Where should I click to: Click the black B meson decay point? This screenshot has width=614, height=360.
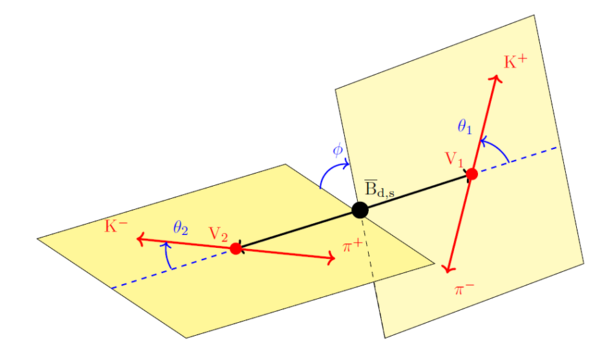click(x=360, y=209)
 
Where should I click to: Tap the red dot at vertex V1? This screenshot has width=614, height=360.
click(x=472, y=174)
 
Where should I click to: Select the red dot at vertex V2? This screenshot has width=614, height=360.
click(x=235, y=248)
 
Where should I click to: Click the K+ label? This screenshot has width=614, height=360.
click(x=515, y=62)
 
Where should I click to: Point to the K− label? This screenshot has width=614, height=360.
click(x=116, y=226)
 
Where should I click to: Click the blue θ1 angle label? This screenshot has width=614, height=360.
click(x=465, y=127)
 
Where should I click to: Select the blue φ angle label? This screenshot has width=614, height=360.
click(x=337, y=151)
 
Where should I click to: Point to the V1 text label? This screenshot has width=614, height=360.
click(x=454, y=158)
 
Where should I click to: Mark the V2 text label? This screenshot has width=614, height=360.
click(x=218, y=233)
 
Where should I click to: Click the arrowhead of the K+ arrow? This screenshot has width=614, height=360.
click(x=497, y=78)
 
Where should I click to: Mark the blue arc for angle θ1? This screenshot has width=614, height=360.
click(x=498, y=147)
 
